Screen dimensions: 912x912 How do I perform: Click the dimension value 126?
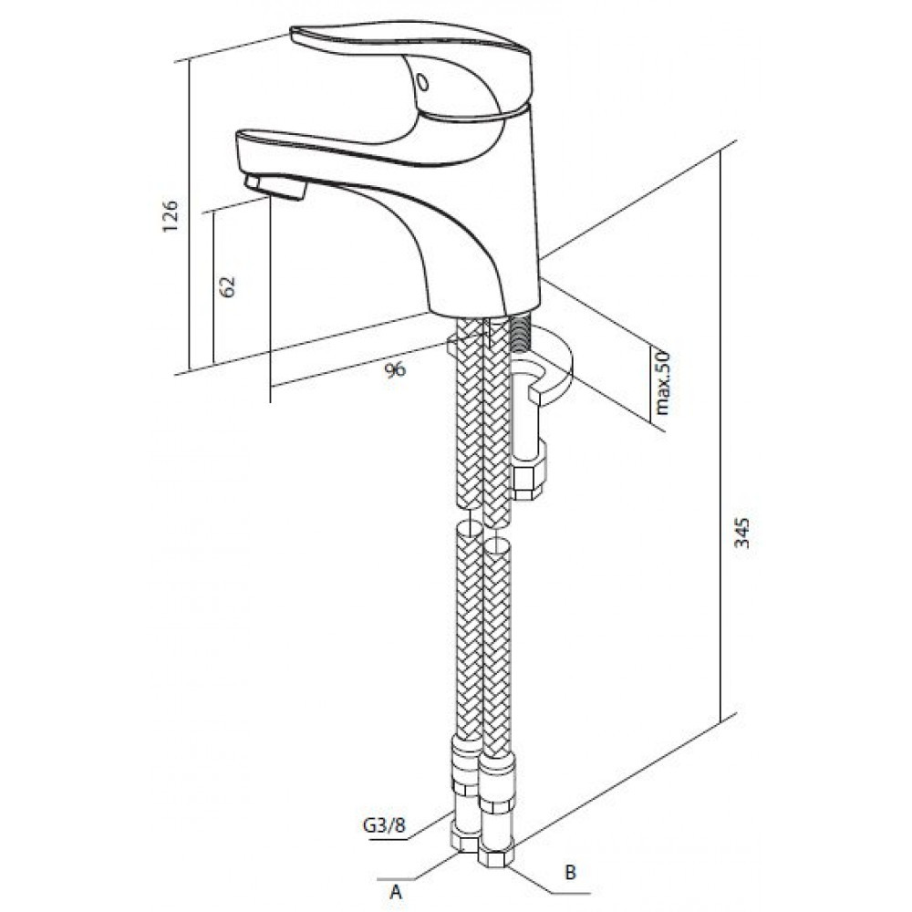pos(171,216)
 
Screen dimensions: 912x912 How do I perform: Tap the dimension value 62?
pos(229,285)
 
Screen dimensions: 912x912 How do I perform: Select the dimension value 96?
pos(394,369)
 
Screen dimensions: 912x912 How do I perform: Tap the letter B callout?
pos(571,872)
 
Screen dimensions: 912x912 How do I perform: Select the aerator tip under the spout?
pos(277,187)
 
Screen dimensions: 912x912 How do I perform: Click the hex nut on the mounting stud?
pos(528,474)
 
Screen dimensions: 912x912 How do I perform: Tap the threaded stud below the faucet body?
pos(521,334)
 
